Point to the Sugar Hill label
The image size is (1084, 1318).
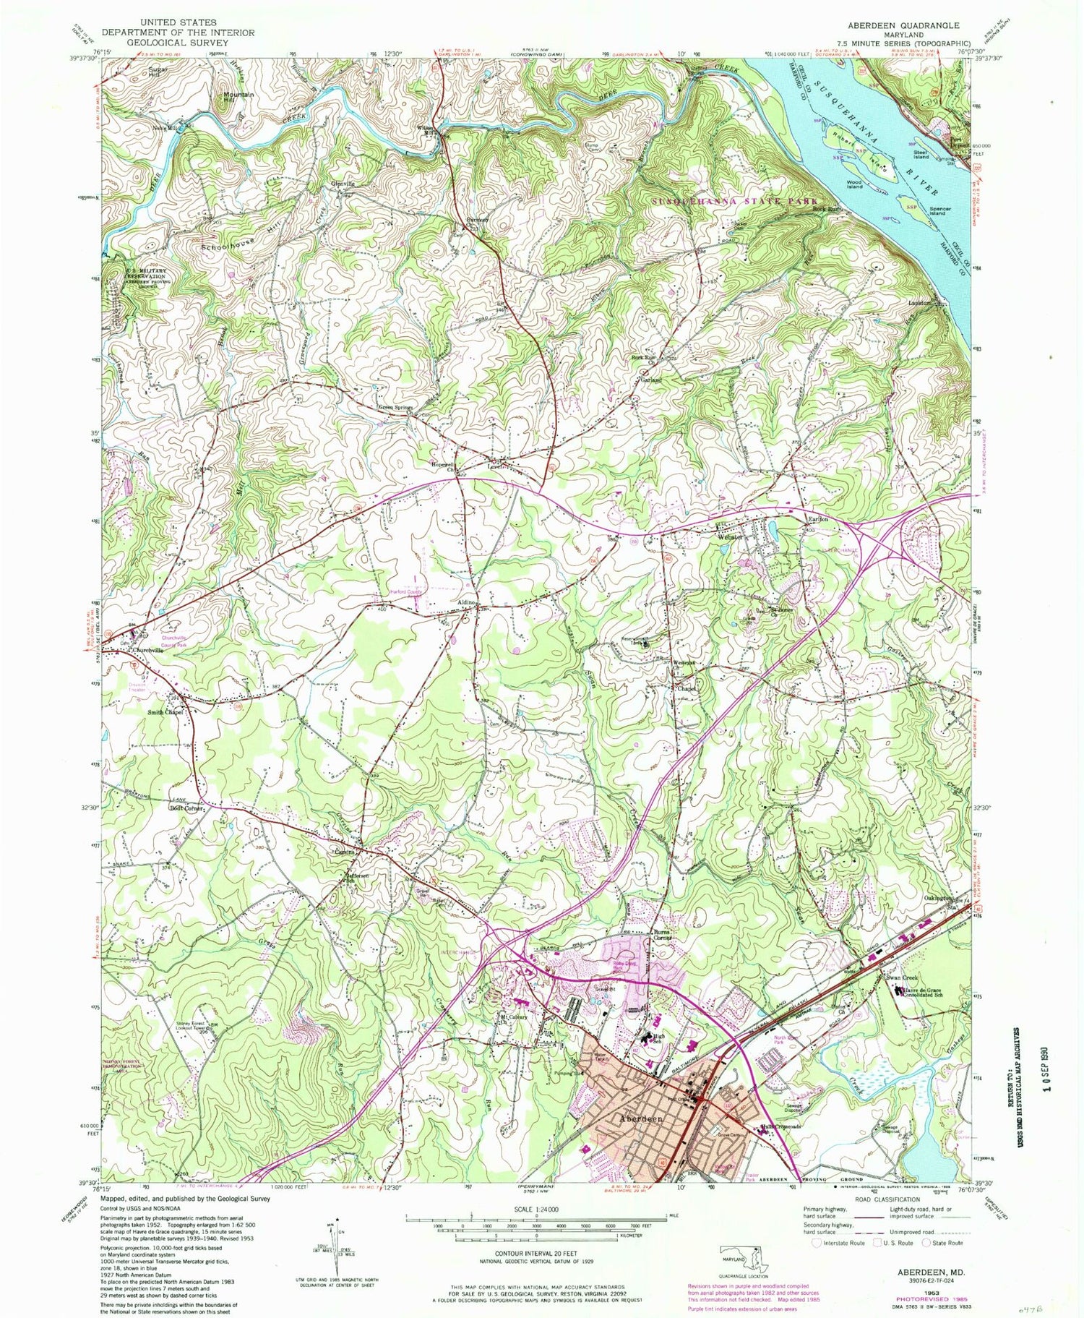tap(158, 72)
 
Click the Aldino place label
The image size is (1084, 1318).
tap(465, 602)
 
